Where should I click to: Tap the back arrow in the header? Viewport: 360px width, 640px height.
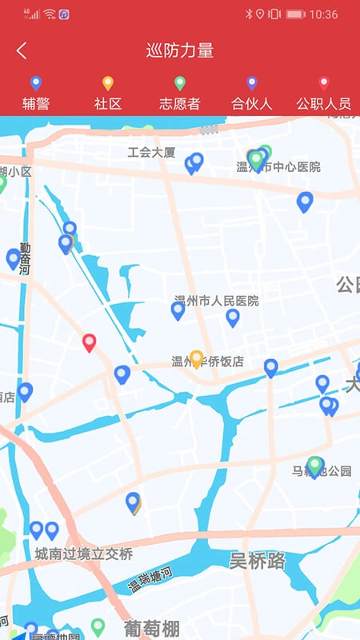(x=22, y=51)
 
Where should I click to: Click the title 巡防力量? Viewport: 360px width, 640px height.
(x=180, y=51)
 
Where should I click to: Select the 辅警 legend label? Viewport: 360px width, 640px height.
(x=35, y=103)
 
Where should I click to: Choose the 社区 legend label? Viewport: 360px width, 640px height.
(x=108, y=103)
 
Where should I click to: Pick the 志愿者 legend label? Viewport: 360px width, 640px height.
(x=180, y=103)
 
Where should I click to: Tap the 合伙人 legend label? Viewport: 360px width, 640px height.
(x=252, y=103)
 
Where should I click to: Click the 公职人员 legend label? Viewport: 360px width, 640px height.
(x=323, y=103)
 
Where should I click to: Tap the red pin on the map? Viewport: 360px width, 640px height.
(x=90, y=342)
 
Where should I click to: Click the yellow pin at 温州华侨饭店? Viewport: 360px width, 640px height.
(x=196, y=358)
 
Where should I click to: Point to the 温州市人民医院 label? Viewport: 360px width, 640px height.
(x=217, y=301)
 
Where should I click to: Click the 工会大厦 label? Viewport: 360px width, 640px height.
(x=151, y=152)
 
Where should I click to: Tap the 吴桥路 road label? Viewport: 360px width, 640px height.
(x=258, y=560)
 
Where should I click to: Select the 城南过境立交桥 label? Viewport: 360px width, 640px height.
(x=83, y=554)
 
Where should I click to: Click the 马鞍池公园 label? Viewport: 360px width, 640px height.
(x=322, y=471)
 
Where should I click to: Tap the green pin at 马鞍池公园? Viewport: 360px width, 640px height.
(x=315, y=465)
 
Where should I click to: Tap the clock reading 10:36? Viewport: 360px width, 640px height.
(x=323, y=14)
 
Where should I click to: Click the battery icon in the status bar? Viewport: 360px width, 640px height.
(x=295, y=14)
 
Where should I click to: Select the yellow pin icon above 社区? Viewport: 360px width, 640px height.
(x=108, y=82)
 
